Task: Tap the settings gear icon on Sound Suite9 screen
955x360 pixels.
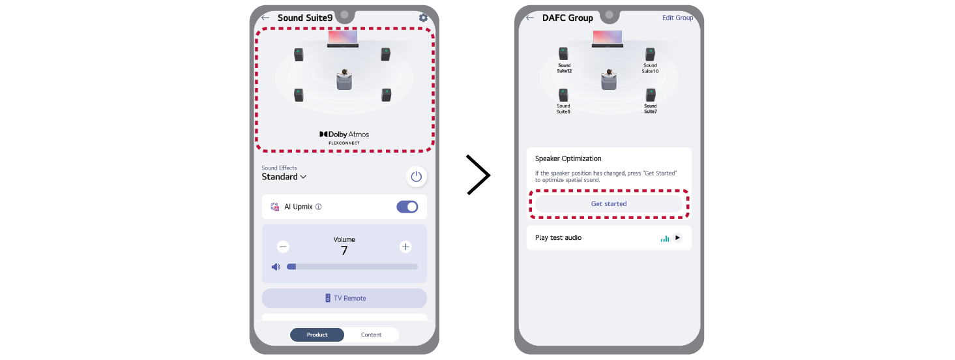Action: point(423,18)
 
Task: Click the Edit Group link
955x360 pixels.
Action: point(677,18)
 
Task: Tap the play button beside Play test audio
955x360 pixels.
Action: point(677,237)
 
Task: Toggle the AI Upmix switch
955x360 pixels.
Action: point(407,207)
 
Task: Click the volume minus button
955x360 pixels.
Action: point(283,247)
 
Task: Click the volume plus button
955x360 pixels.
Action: point(405,247)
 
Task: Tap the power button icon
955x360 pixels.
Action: point(416,176)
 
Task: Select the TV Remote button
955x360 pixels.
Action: point(344,298)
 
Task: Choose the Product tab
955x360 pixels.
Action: point(317,335)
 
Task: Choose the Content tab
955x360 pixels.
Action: point(372,335)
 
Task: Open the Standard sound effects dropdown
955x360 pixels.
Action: point(284,177)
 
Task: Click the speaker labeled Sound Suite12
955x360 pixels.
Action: point(563,53)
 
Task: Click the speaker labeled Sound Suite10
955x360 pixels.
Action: point(650,55)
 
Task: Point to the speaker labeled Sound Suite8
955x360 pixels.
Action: point(563,95)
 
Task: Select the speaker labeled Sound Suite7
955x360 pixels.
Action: point(651,95)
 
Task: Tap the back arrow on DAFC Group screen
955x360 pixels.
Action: point(530,18)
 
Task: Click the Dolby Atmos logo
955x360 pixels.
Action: point(344,137)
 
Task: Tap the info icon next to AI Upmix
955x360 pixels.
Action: point(319,207)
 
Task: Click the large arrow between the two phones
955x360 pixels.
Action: point(478,175)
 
